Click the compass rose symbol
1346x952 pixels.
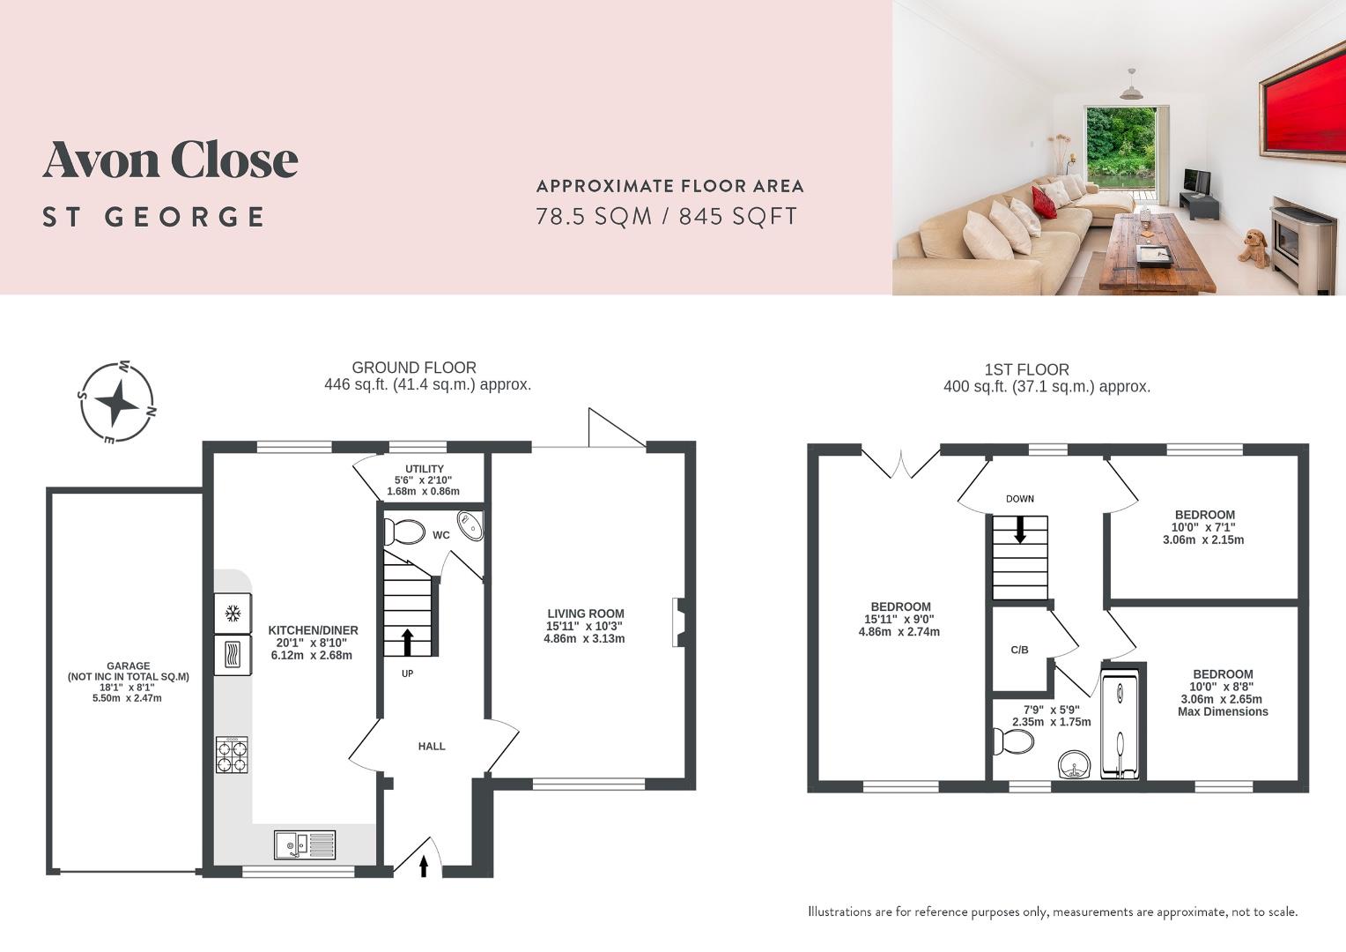pyautogui.click(x=116, y=402)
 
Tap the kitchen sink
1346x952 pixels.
pyautogui.click(x=304, y=844)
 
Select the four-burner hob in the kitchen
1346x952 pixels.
pyautogui.click(x=232, y=755)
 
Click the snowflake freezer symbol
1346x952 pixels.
pyautogui.click(x=233, y=613)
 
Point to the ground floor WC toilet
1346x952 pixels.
pyautogui.click(x=404, y=532)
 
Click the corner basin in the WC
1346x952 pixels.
pyautogui.click(x=472, y=525)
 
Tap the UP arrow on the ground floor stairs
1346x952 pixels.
pyautogui.click(x=407, y=642)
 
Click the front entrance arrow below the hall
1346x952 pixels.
pyautogui.click(x=424, y=866)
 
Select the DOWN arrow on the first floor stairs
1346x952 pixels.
pyautogui.click(x=1020, y=529)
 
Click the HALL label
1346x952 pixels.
pyautogui.click(x=432, y=747)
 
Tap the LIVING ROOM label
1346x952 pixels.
pyautogui.click(x=586, y=614)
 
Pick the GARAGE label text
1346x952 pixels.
pyautogui.click(x=128, y=666)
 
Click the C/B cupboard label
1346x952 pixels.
pyautogui.click(x=1019, y=651)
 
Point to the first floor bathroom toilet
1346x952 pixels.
pyautogui.click(x=1012, y=741)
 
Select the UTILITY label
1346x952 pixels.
pyautogui.click(x=425, y=469)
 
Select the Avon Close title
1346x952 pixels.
pyautogui.click(x=170, y=160)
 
